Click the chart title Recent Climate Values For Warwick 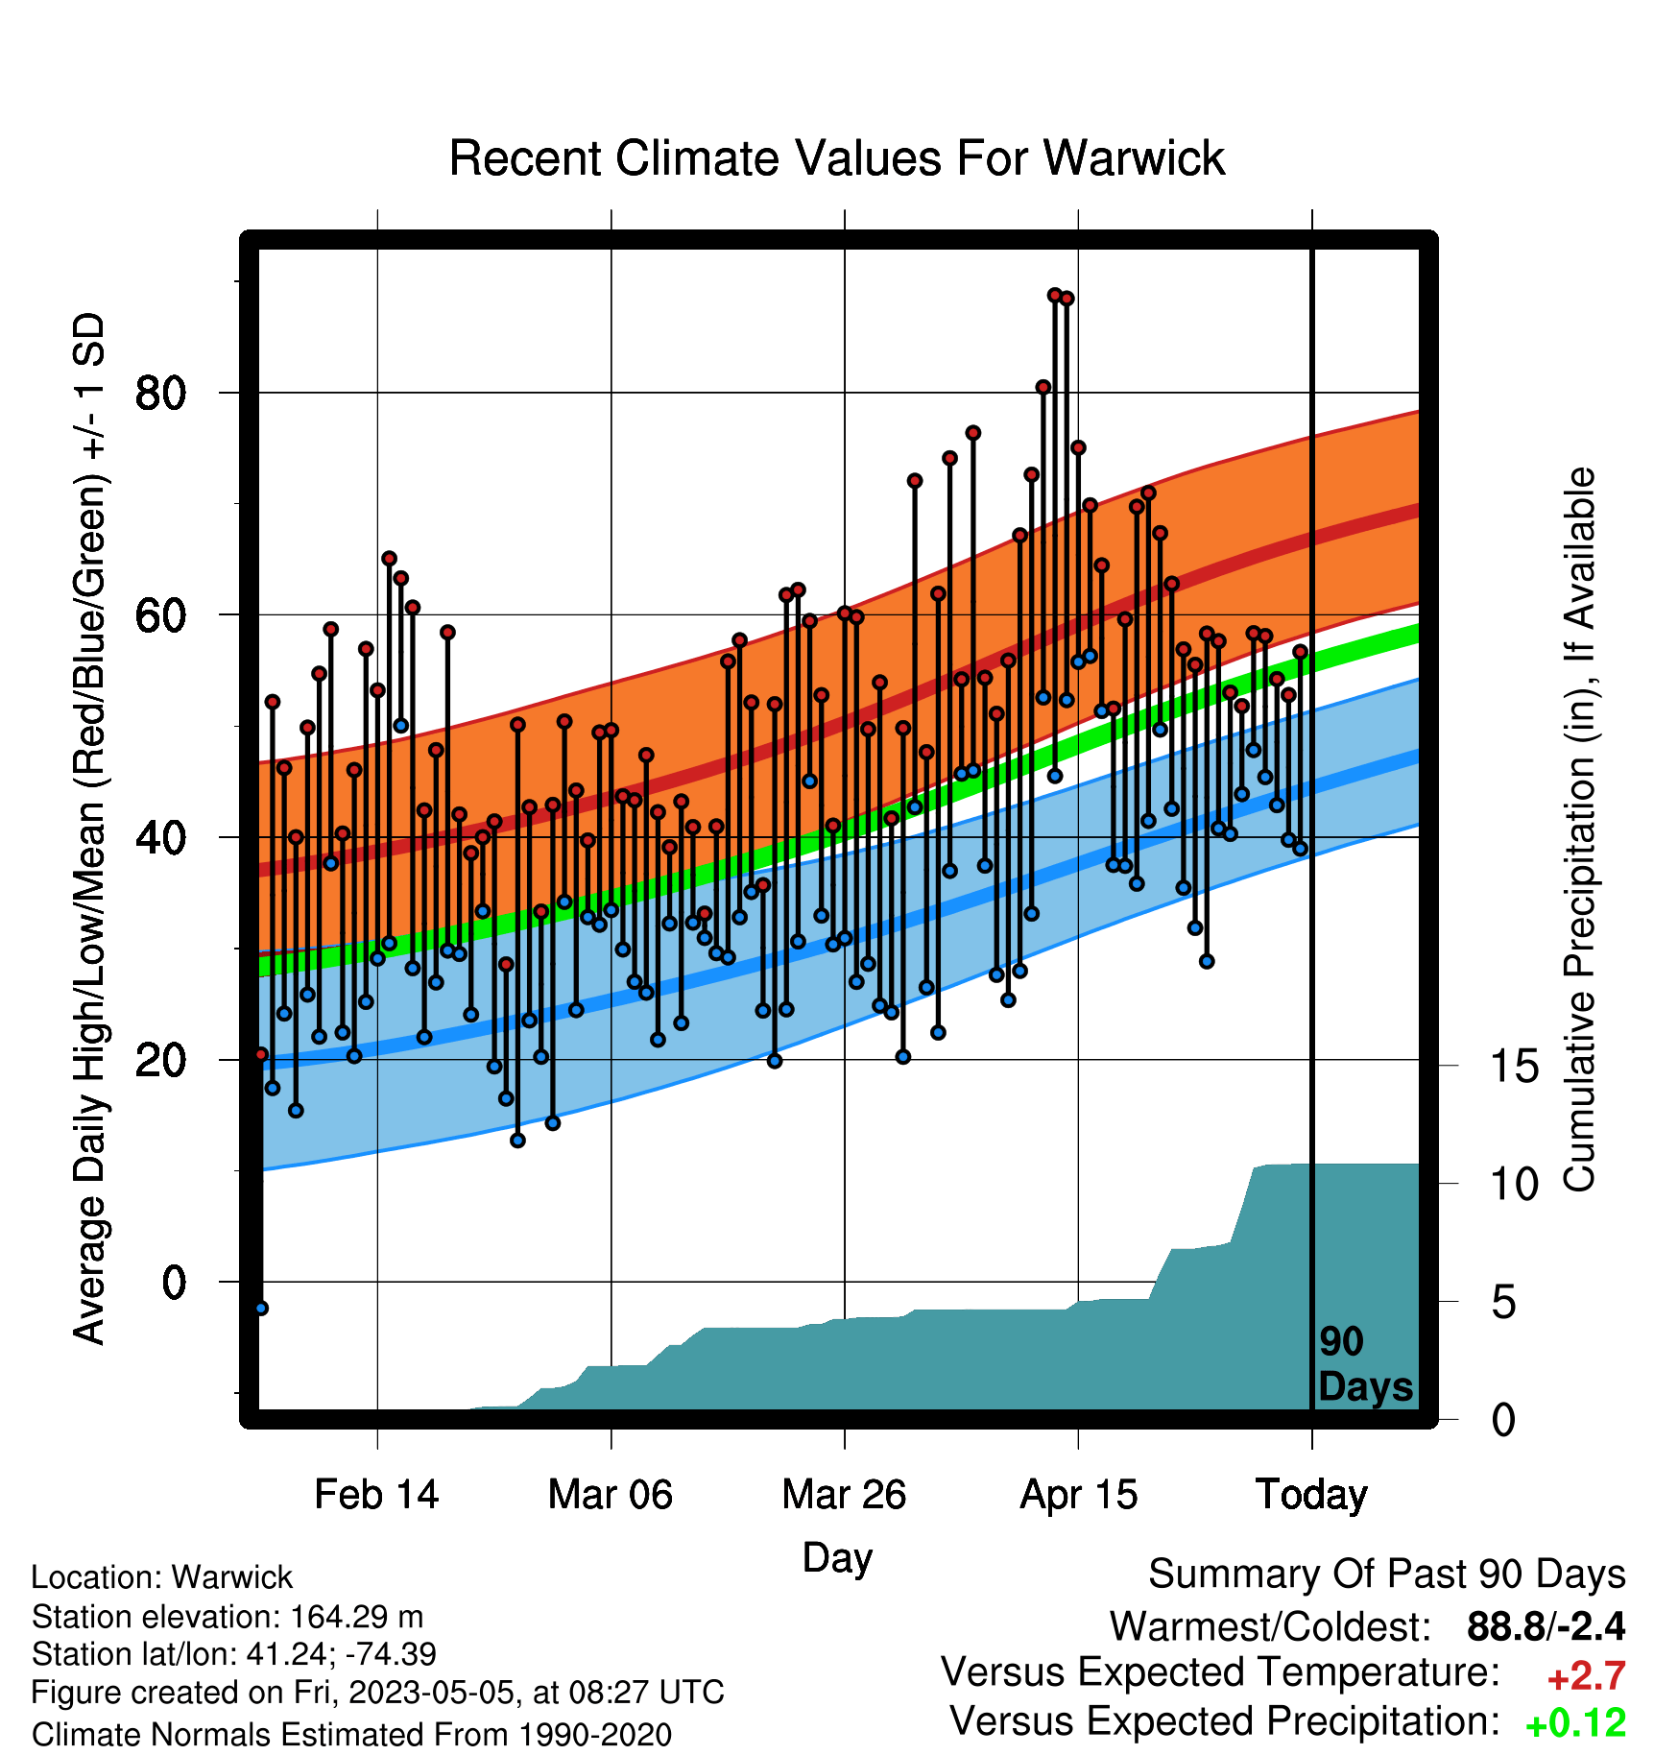tap(837, 158)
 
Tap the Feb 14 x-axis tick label tap(376, 1495)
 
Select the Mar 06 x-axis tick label tap(611, 1495)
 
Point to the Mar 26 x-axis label tap(844, 1495)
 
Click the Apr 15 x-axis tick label tap(1078, 1495)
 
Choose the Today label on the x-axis tap(1311, 1495)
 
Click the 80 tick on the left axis tap(160, 393)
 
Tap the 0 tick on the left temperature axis tap(174, 1282)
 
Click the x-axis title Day tap(837, 1558)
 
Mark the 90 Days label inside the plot tap(1365, 1364)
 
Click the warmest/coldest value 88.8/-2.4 tap(1546, 1626)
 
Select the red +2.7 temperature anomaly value tap(1586, 1676)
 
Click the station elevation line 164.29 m tap(228, 1617)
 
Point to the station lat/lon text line tap(234, 1654)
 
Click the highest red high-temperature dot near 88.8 tap(1054, 295)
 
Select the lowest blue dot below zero tap(261, 1308)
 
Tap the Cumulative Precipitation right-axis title tap(1579, 829)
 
